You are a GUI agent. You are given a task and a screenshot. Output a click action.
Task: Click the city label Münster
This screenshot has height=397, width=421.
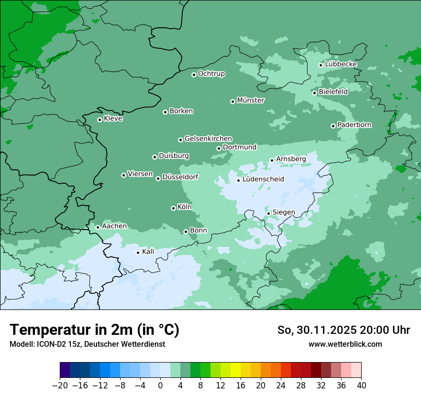pyautogui.click(x=251, y=100)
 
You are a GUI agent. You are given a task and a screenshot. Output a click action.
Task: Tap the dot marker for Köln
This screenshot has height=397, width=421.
pyautogui.click(x=173, y=208)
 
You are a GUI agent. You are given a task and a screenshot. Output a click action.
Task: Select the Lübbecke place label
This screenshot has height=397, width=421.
pyautogui.click(x=341, y=64)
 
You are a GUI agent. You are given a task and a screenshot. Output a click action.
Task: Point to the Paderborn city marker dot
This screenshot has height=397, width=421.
pyautogui.click(x=333, y=126)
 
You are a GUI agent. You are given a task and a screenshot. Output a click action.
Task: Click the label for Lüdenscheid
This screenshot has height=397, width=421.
pyautogui.click(x=263, y=179)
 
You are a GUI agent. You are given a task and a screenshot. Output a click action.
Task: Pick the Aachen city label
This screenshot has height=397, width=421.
pyautogui.click(x=114, y=226)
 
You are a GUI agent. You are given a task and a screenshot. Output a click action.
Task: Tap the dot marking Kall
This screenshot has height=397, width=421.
pyautogui.click(x=138, y=253)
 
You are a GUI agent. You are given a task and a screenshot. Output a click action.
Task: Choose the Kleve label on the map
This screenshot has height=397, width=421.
pyautogui.click(x=113, y=119)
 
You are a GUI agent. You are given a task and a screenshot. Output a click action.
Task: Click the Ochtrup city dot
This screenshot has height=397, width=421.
pyautogui.click(x=194, y=75)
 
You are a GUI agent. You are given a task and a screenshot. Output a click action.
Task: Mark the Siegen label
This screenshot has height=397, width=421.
pyautogui.click(x=284, y=212)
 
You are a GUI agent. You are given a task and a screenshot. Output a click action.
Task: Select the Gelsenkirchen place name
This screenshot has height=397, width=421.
pyautogui.click(x=208, y=139)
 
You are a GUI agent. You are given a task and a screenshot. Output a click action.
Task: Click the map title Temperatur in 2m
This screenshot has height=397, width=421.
pyautogui.click(x=94, y=330)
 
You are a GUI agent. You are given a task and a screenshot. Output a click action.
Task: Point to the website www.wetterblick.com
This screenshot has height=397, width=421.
pyautogui.click(x=345, y=344)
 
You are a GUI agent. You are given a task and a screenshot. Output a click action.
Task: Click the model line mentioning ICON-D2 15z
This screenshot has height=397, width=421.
pyautogui.click(x=87, y=344)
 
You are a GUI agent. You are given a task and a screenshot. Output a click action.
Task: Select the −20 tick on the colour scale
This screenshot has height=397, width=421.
pyautogui.click(x=60, y=386)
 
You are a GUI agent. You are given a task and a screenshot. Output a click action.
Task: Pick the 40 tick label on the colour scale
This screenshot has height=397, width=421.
pyautogui.click(x=361, y=386)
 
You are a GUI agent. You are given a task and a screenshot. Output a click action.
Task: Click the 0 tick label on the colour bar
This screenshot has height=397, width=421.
pyautogui.click(x=160, y=386)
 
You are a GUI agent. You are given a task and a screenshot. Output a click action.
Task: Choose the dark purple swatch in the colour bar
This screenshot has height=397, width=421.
pyautogui.click(x=65, y=370)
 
